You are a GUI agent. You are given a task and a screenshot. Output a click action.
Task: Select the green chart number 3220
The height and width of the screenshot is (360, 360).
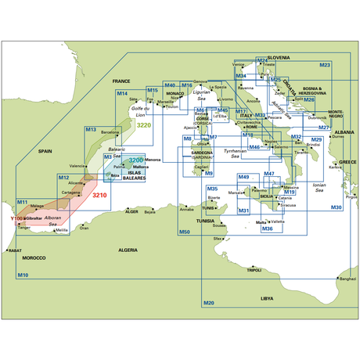coord(144,125)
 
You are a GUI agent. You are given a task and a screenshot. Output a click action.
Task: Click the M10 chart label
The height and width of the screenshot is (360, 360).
coord(23,275)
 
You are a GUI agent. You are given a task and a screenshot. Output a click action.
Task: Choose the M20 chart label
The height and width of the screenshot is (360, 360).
coord(208,303)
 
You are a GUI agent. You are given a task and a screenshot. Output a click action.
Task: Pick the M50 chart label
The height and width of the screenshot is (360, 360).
coord(184,232)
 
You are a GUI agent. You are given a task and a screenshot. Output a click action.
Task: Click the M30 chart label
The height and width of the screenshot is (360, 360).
coord(336,207)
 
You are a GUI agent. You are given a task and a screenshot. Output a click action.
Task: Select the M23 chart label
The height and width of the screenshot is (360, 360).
coord(325,65)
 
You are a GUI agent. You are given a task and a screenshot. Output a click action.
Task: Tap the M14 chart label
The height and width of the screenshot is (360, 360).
coord(122,94)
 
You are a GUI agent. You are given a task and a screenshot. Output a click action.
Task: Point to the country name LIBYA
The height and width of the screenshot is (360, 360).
coord(268,297)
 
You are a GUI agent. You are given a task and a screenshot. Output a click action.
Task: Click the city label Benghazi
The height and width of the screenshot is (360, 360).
coord(347,279)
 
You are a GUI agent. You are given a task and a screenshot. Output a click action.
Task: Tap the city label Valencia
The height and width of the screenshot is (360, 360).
coord(77,166)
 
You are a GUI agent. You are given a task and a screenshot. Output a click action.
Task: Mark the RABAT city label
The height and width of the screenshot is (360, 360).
coord(14,250)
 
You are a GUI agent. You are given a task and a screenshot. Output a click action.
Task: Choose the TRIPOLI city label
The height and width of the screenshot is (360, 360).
coord(254,270)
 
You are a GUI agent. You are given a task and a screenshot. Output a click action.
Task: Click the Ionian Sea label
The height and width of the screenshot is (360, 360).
coord(319,188)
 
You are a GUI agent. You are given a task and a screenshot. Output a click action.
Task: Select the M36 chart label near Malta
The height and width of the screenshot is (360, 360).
coord(267,228)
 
